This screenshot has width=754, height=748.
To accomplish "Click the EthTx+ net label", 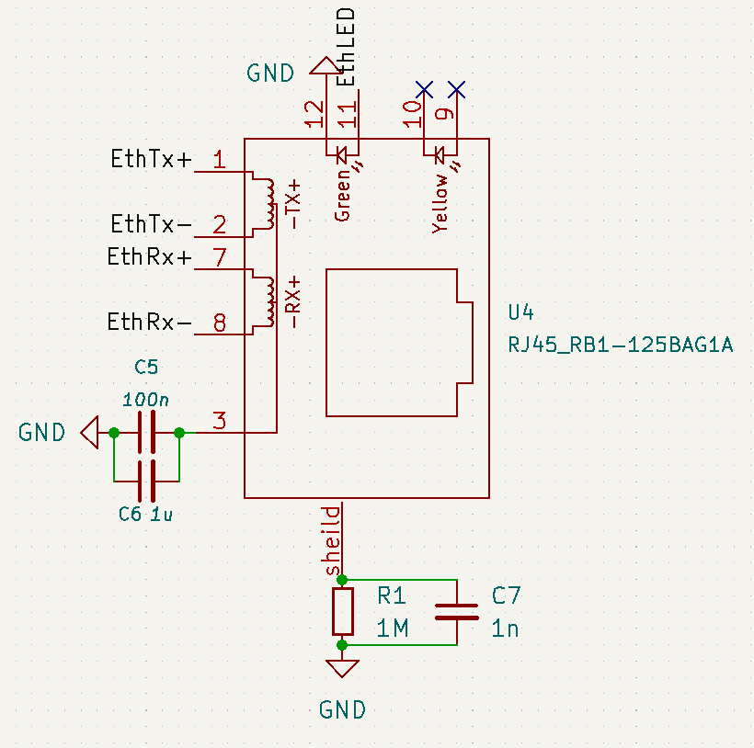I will [x=151, y=160].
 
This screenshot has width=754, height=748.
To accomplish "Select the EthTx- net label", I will [x=151, y=224].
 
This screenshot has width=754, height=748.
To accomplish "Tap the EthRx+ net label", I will [x=149, y=257].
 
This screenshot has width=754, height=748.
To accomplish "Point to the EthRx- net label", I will [x=149, y=322].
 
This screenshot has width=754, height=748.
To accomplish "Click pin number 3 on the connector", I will [x=219, y=422].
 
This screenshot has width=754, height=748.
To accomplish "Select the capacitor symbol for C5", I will [x=146, y=432].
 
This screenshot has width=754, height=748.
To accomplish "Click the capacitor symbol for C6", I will [x=146, y=480].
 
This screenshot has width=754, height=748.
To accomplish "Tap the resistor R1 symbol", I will [x=343, y=612].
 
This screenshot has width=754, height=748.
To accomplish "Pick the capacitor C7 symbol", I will [x=456, y=612].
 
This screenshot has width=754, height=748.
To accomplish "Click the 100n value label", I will [x=145, y=401].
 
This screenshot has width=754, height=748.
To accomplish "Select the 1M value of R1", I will [x=393, y=629].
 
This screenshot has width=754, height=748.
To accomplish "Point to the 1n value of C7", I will [x=505, y=629].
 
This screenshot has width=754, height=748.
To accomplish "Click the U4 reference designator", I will [x=520, y=312].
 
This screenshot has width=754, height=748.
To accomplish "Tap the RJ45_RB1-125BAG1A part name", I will [x=620, y=345].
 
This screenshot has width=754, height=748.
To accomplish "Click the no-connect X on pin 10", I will [x=424, y=89].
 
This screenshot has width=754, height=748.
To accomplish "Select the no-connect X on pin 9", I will [x=457, y=89].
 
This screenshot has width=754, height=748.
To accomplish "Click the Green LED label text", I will [x=343, y=195].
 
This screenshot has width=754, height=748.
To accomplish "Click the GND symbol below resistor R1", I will [x=343, y=668].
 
